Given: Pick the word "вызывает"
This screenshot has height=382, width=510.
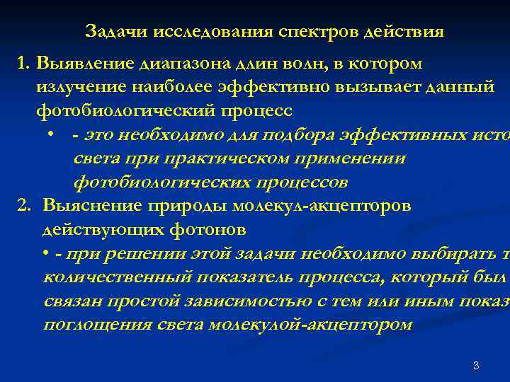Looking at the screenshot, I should coord(372,88).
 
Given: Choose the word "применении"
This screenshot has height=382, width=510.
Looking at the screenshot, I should coord(355,158).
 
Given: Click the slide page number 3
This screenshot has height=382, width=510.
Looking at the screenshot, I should coord(476,366).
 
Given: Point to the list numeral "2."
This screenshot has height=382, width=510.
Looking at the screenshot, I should coord(25,206).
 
